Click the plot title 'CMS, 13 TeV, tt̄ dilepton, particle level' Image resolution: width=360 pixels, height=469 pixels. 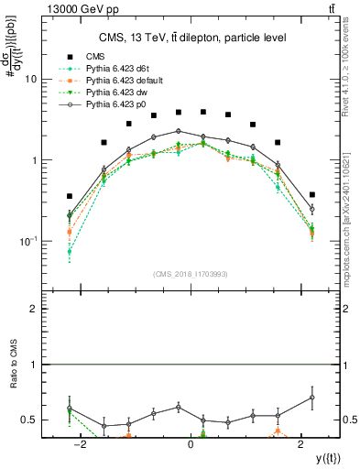point(190,38)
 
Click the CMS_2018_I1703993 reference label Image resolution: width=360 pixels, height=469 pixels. point(190,274)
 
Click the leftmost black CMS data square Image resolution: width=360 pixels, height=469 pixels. point(70,196)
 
